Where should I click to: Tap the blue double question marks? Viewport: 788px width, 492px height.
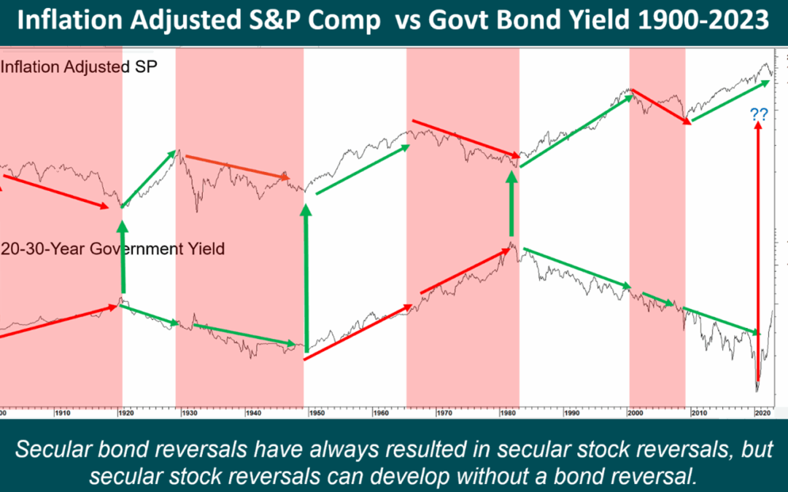pos(758,114)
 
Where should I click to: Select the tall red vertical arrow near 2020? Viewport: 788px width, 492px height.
pos(757,255)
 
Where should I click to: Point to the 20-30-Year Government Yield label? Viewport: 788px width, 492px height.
pos(113,249)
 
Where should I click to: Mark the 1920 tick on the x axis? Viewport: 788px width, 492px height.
pos(125,413)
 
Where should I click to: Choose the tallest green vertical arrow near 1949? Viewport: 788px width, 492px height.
pos(306,277)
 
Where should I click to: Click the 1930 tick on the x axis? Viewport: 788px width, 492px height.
pos(189,413)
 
